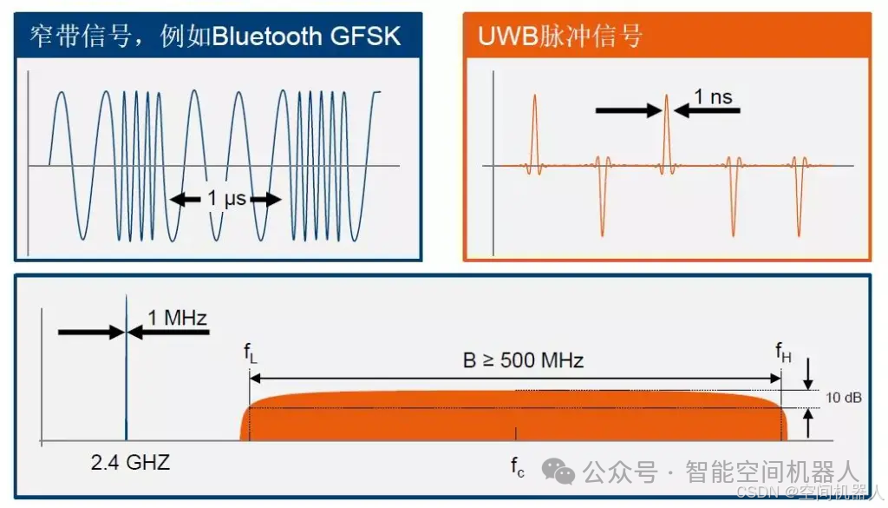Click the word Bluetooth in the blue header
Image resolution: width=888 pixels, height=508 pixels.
coord(271,36)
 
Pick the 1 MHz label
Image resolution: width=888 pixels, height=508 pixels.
coord(177,318)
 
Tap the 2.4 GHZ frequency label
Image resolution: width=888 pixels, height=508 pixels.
coord(130,462)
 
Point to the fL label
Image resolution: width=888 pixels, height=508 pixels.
coord(250,353)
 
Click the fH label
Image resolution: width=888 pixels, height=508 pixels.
coord(783,352)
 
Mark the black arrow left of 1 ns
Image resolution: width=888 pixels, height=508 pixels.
coord(627,110)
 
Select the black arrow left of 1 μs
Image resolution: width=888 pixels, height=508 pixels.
coord(185,200)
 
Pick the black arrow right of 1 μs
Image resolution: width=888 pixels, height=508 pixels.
coord(267,200)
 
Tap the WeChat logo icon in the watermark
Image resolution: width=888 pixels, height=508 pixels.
coord(558,472)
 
